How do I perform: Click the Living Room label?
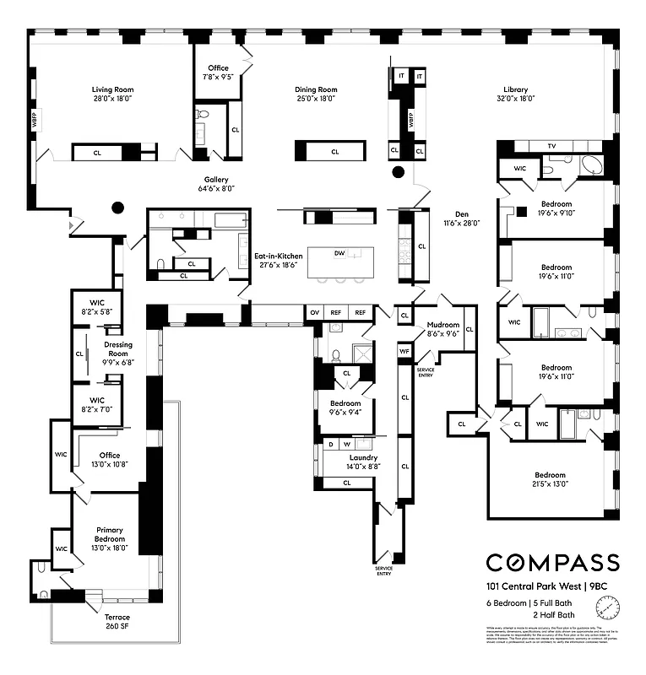(112, 89)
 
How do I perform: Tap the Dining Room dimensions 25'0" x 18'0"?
(316, 99)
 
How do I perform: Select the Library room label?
(515, 89)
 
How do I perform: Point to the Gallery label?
(216, 180)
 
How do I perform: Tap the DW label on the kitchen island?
(339, 252)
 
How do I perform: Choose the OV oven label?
(315, 312)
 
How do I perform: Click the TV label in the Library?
(551, 146)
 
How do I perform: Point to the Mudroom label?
(442, 324)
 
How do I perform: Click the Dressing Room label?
(118, 348)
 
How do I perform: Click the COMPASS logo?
(551, 563)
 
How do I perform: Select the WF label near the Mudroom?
(404, 350)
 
